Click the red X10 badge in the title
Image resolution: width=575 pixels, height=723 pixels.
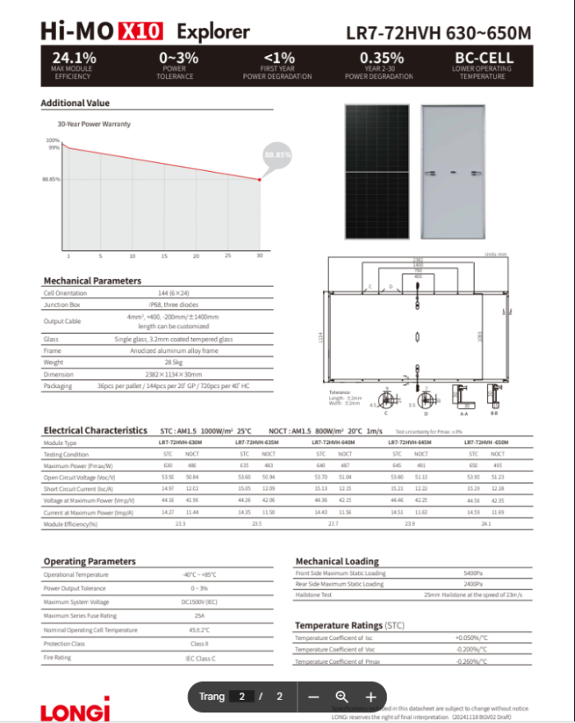click(x=141, y=31)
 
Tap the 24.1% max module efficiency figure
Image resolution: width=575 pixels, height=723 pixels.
click(x=74, y=58)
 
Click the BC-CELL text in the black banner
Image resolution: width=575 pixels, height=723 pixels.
click(x=484, y=58)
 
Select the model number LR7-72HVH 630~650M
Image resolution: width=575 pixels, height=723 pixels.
click(x=439, y=34)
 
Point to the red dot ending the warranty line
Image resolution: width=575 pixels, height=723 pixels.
click(x=260, y=179)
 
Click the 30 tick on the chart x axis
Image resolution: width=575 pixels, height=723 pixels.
click(x=260, y=256)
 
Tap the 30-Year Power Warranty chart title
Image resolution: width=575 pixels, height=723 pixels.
click(x=94, y=124)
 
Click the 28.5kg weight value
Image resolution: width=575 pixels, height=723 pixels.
click(x=172, y=362)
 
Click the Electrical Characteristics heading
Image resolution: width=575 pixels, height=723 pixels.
click(x=95, y=430)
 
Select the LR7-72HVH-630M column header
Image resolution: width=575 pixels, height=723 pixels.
click(x=180, y=443)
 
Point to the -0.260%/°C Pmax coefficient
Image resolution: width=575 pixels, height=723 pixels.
click(x=471, y=661)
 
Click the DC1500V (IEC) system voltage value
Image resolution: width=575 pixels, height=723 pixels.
click(x=198, y=602)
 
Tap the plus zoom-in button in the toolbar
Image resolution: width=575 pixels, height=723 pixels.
click(x=370, y=697)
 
